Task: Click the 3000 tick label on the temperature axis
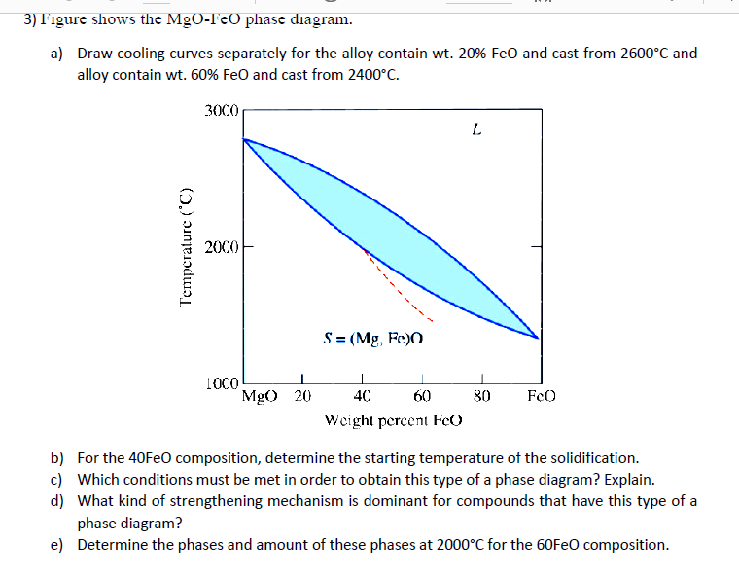[221, 111]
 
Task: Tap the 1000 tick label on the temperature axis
[222, 383]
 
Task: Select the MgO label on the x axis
[259, 396]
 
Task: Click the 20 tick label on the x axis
[302, 396]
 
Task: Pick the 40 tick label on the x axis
[362, 396]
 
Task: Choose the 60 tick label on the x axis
[422, 396]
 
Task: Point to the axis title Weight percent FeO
[394, 419]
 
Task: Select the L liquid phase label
[475, 127]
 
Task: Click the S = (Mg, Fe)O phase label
[372, 340]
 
